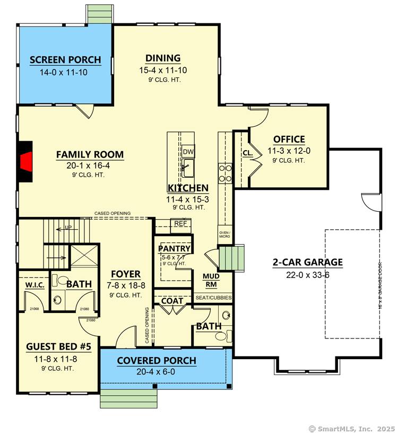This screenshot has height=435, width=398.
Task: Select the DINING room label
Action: pos(163,58)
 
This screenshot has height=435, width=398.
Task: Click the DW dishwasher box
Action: pos(188,151)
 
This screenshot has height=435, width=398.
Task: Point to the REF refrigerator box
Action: pos(180,224)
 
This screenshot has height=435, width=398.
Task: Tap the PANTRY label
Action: pos(174,248)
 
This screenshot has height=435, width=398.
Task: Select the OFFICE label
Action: pos(289,140)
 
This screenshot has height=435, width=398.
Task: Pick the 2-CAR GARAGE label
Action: pos(307,262)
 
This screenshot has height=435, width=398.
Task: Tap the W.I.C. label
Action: pos(33,285)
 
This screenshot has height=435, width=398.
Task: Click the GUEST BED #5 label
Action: pos(59,347)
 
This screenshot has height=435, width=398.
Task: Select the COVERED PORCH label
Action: pos(157,361)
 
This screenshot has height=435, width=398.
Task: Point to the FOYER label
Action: pos(126,274)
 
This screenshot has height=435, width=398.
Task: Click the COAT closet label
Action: pos(172,301)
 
